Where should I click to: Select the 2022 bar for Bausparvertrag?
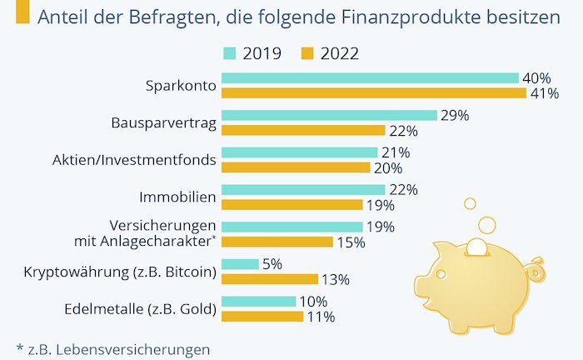(303, 130)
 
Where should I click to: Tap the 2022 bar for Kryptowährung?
(270, 279)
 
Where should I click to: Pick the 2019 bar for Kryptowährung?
(240, 264)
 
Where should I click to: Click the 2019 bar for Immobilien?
(303, 190)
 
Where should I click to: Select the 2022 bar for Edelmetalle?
(262, 317)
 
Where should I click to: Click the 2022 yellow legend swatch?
(306, 54)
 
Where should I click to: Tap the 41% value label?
(544, 93)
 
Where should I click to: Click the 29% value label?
(455, 115)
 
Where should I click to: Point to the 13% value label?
(336, 279)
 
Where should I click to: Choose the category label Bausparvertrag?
(164, 122)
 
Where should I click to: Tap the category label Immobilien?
(178, 197)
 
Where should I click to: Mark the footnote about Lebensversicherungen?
(112, 348)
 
